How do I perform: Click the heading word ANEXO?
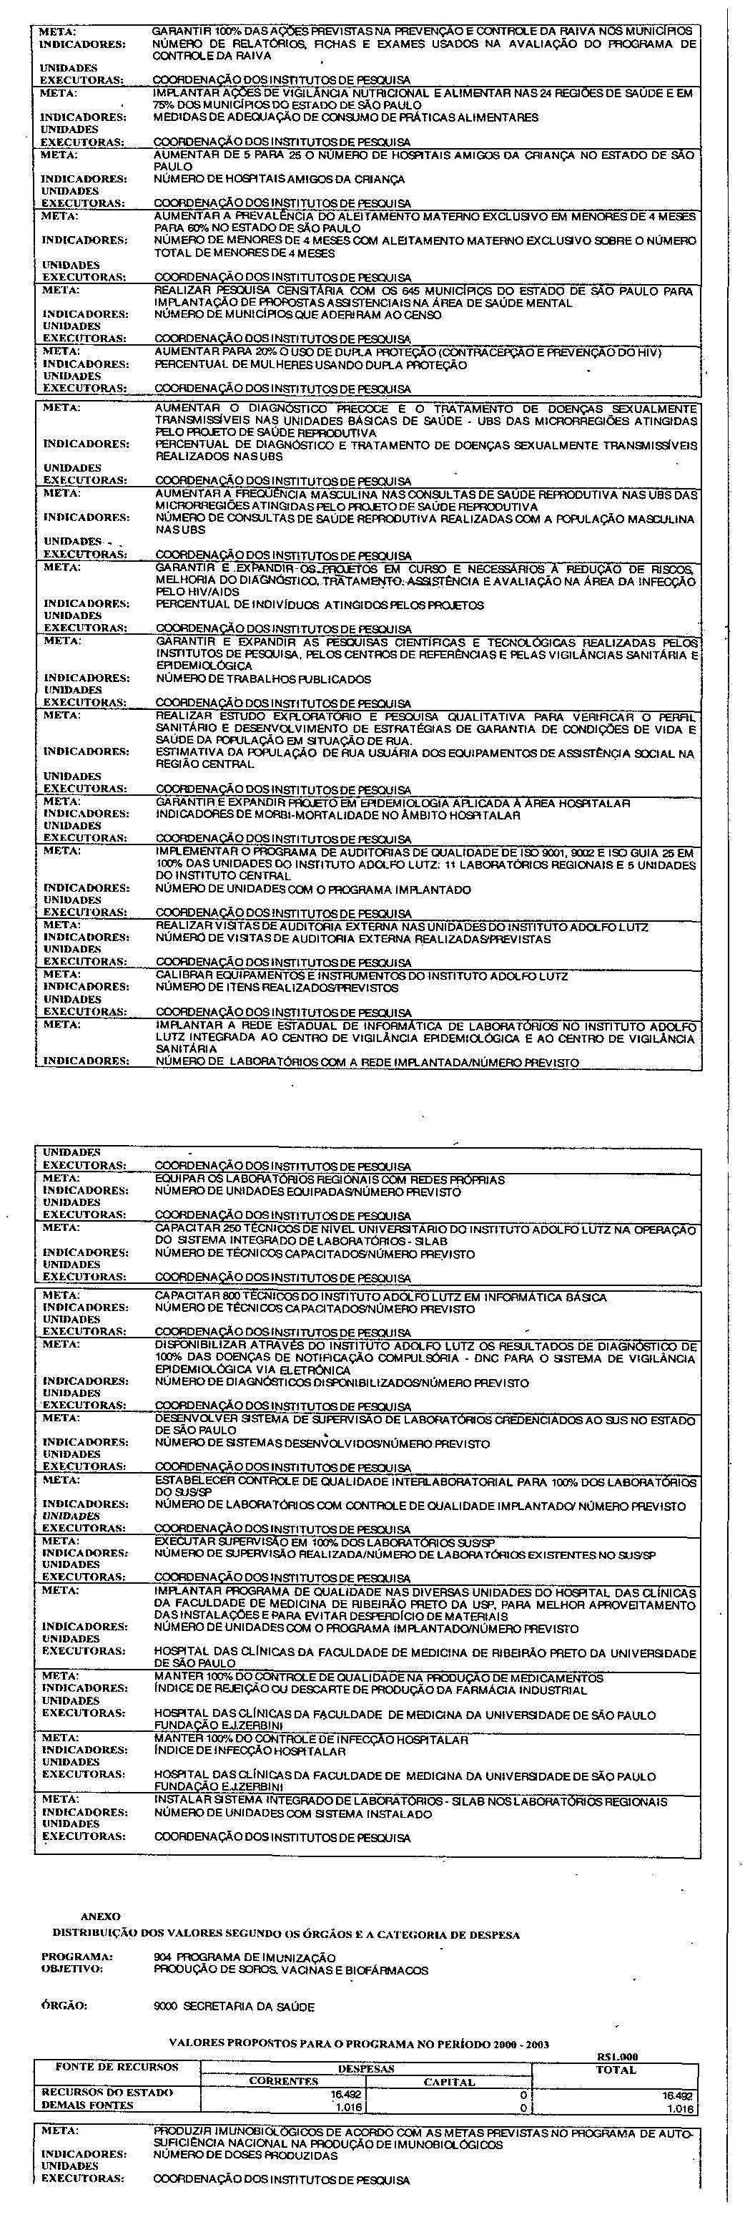pos(101,1916)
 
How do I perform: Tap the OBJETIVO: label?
pos(72,1969)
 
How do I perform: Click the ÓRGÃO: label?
pos(64,2007)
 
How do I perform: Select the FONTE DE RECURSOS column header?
pos(117,2068)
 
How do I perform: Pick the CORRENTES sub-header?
pos(284,2081)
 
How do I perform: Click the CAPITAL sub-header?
pos(448,2081)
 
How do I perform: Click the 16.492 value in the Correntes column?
pos(347,2093)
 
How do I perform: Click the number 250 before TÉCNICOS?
pos(216,1230)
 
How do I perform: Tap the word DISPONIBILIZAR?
pos(195,1345)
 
